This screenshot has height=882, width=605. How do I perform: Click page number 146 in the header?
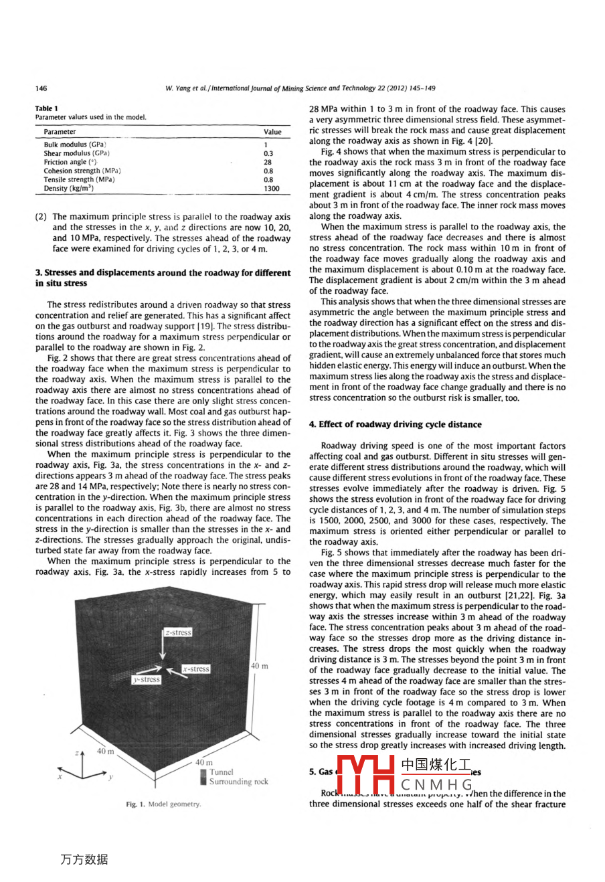[41, 88]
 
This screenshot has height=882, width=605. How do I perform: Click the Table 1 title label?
[47, 108]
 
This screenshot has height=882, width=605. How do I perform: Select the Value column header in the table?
[272, 132]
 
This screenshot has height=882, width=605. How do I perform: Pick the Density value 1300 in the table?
[271, 189]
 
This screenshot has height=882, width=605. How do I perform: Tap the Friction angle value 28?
[268, 162]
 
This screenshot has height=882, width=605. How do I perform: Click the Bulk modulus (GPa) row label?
[75, 145]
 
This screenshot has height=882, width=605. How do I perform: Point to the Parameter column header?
[60, 132]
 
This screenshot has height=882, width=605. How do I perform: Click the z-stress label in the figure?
[178, 632]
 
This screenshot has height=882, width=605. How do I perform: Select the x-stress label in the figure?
[196, 669]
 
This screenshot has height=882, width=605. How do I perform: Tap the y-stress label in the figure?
[147, 679]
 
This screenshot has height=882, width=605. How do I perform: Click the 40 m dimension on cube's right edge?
[259, 666]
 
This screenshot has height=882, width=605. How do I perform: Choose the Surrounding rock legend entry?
[238, 782]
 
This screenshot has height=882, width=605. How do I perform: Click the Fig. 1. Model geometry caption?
[163, 804]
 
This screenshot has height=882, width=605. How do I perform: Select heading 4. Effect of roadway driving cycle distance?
[395, 424]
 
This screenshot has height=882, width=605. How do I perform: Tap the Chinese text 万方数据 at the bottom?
[84, 859]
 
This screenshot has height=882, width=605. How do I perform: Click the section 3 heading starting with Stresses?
[163, 278]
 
